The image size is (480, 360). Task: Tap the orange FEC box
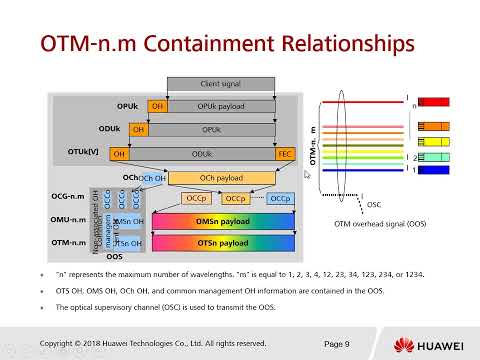pos(285,154)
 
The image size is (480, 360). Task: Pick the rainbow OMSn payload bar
pos(223,221)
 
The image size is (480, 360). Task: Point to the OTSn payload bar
pos(223,243)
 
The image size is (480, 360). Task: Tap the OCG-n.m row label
pos(69,199)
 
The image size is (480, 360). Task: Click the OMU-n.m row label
pos(69,221)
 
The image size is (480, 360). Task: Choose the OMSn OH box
pos(128,221)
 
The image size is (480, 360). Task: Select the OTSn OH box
pos(128,243)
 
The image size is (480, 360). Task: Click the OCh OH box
pos(152,178)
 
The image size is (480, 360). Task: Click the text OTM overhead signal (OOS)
pos(377,223)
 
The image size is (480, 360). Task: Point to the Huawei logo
pos(431,344)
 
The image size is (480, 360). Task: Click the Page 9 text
pos(337,343)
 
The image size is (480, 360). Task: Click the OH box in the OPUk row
pos(157,105)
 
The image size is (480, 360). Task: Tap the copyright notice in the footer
pos(152,343)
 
